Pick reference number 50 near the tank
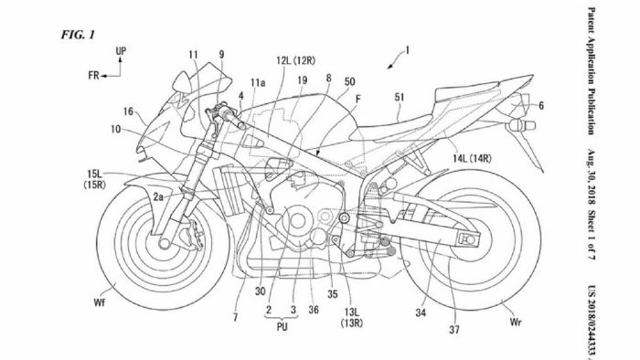[349, 82]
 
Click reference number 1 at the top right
[408, 48]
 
